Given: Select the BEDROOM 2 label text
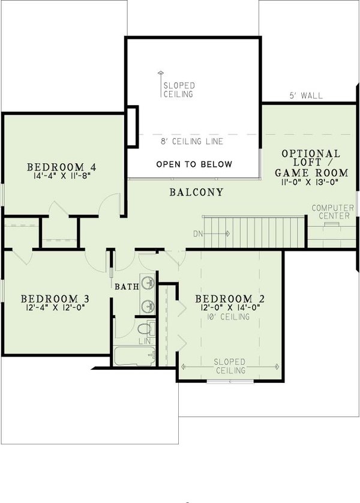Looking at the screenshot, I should [x=230, y=298].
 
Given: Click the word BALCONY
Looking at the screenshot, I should [x=196, y=193].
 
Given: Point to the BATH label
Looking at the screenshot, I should [x=127, y=287].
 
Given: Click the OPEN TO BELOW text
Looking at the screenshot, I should [x=194, y=164].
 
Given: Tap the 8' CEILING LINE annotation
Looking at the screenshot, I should [x=192, y=142].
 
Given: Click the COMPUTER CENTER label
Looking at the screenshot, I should [x=332, y=212].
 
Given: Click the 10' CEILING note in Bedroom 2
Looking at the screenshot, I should [x=230, y=317].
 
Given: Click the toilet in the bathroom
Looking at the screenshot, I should [x=143, y=330].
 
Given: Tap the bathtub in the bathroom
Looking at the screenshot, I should [x=134, y=355].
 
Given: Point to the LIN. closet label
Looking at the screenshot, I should [x=144, y=340].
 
